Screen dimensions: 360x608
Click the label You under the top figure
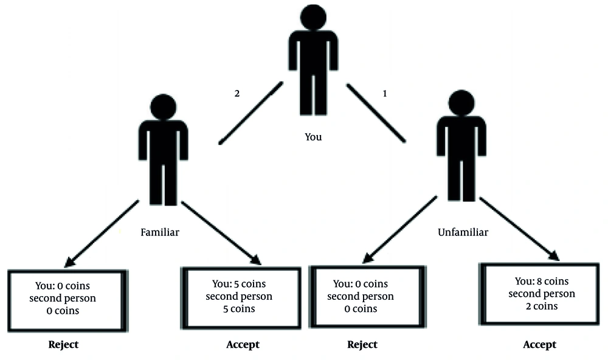point(313,137)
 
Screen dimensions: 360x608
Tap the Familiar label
point(160,232)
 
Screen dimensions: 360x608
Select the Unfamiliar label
point(462,232)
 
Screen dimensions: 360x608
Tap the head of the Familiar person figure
point(163,105)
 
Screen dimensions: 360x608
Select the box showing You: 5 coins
point(239,297)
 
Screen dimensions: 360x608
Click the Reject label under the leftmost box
point(63,345)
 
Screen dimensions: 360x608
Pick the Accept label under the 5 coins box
point(242,345)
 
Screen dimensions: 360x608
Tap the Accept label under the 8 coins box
point(539,345)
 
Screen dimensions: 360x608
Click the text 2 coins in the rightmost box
point(541,306)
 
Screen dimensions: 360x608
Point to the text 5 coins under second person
point(239,309)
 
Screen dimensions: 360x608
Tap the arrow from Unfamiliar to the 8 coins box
point(523,229)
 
